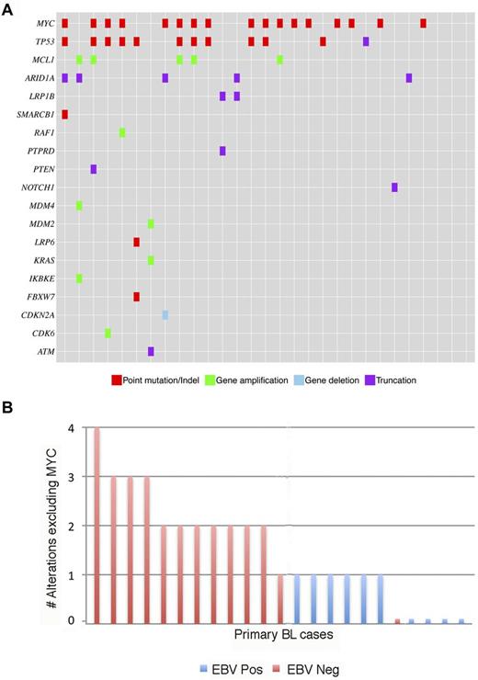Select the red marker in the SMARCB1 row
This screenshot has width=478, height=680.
(x=64, y=114)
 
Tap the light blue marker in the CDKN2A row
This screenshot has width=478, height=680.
(x=165, y=315)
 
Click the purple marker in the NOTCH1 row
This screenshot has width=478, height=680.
(x=394, y=187)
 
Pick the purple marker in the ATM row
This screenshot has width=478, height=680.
(x=151, y=351)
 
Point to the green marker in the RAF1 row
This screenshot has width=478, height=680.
(x=122, y=132)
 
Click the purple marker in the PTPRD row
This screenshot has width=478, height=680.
(x=222, y=151)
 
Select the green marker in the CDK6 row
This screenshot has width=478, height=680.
(x=108, y=333)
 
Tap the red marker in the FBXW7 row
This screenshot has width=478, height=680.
(x=136, y=297)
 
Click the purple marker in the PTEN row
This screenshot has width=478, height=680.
(x=94, y=169)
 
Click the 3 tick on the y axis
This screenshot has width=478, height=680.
(x=72, y=477)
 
